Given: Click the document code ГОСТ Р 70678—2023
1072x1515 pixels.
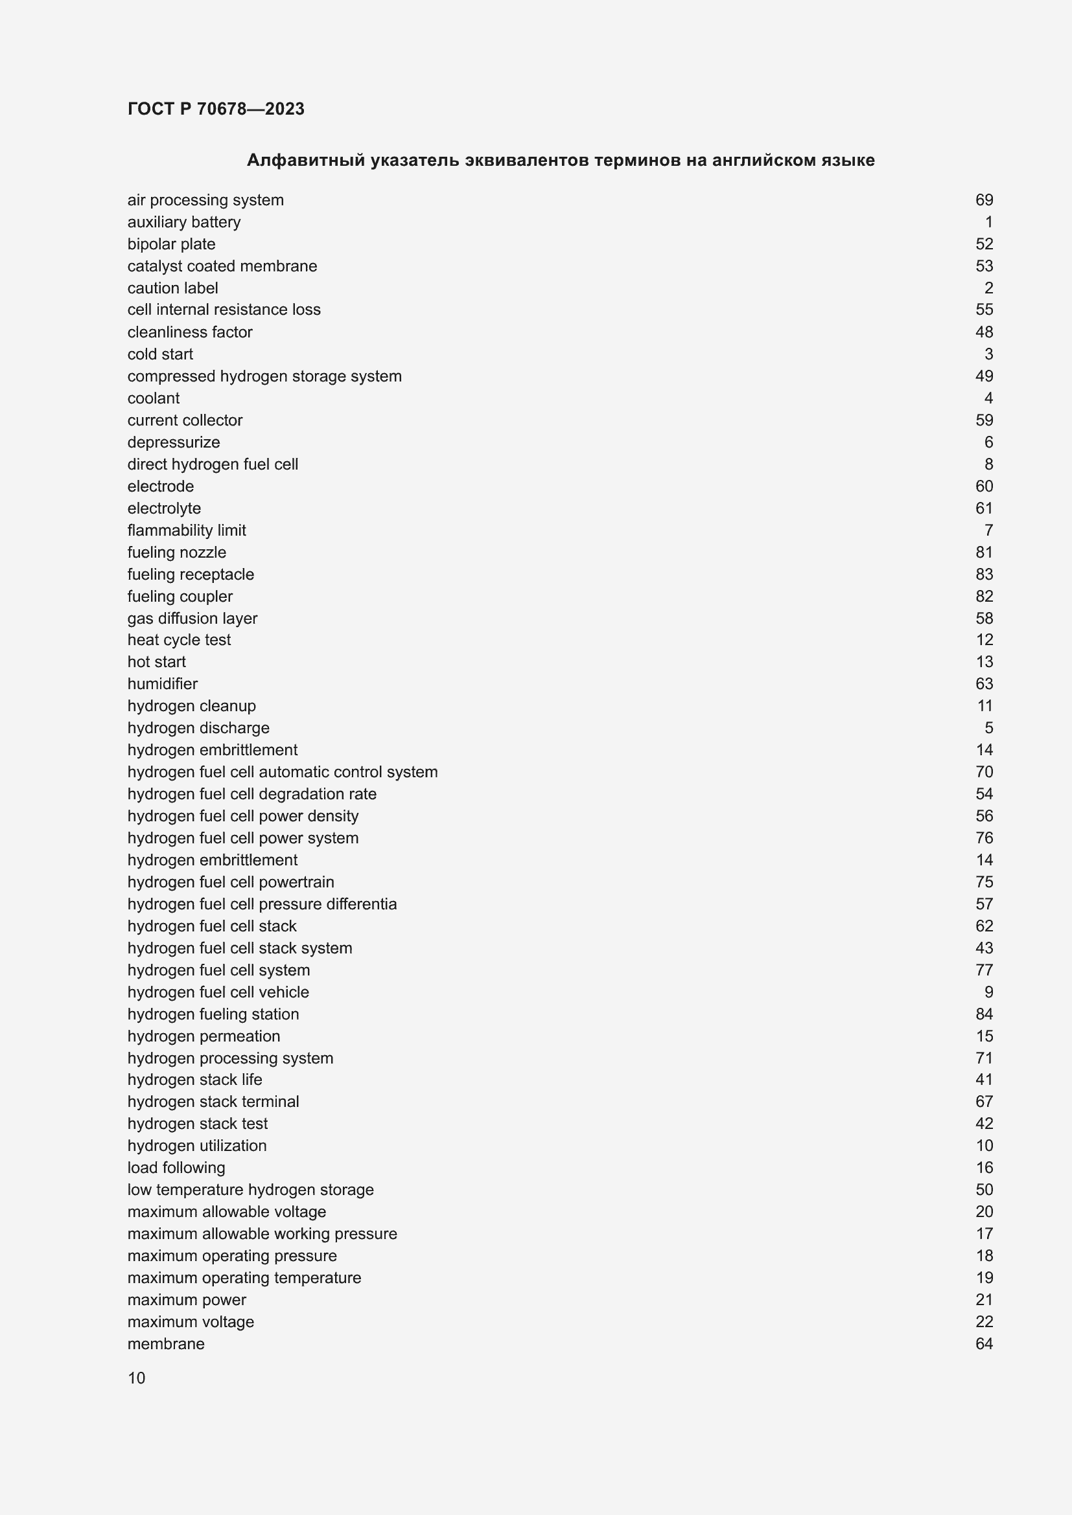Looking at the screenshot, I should click(216, 109).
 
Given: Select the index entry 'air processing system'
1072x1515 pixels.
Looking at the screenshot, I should click(205, 200).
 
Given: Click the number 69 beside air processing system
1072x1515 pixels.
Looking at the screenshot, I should click(984, 200).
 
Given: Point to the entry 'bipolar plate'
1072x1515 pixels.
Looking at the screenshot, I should click(171, 244).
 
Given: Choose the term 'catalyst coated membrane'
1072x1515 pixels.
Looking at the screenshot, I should click(222, 266).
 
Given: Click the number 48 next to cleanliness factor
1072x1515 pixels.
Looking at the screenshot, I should click(984, 332).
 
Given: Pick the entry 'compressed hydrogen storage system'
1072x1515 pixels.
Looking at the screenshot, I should click(264, 376).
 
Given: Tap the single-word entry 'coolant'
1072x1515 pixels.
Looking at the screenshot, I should click(153, 398).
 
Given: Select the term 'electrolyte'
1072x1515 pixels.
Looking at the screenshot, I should click(164, 508).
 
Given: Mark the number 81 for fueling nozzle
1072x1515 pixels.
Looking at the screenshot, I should click(984, 552).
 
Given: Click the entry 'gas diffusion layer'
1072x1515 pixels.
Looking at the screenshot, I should click(192, 619).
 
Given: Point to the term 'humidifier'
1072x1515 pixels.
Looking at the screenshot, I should click(163, 683).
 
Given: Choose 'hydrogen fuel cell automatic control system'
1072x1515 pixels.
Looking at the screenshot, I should click(283, 772).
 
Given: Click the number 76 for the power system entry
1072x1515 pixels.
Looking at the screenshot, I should click(984, 838).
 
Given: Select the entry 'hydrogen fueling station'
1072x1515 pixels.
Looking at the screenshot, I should click(213, 1014).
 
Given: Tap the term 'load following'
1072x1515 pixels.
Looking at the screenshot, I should click(176, 1168).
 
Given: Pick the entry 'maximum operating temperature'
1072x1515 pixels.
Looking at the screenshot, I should click(244, 1277).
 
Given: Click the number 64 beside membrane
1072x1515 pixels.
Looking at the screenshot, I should click(984, 1343).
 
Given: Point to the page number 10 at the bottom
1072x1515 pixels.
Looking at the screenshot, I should click(137, 1378).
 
